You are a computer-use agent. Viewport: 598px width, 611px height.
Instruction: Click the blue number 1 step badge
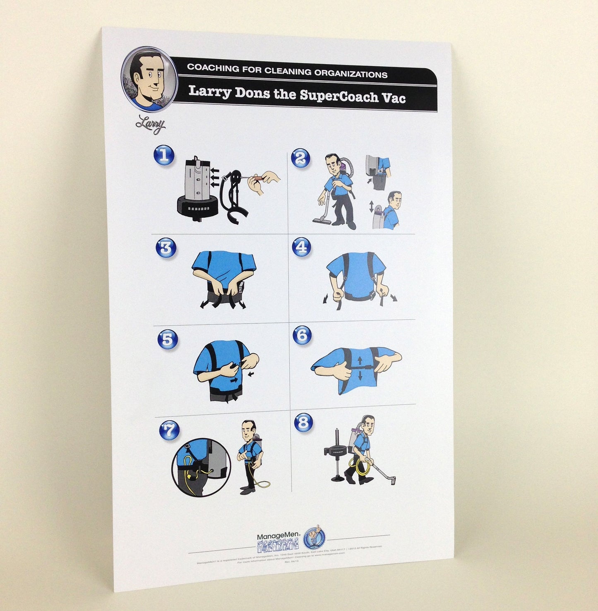164,156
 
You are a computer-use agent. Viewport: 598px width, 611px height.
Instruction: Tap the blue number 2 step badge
300,158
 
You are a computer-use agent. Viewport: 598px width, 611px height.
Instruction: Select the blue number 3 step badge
166,248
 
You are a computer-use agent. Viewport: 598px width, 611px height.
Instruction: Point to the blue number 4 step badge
302,247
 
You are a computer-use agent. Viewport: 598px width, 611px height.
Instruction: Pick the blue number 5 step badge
168,339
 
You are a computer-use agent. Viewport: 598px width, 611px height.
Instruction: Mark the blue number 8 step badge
303,423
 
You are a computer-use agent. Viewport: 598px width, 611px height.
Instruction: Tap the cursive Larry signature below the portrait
151,124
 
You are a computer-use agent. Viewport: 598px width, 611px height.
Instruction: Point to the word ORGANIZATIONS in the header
351,74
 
